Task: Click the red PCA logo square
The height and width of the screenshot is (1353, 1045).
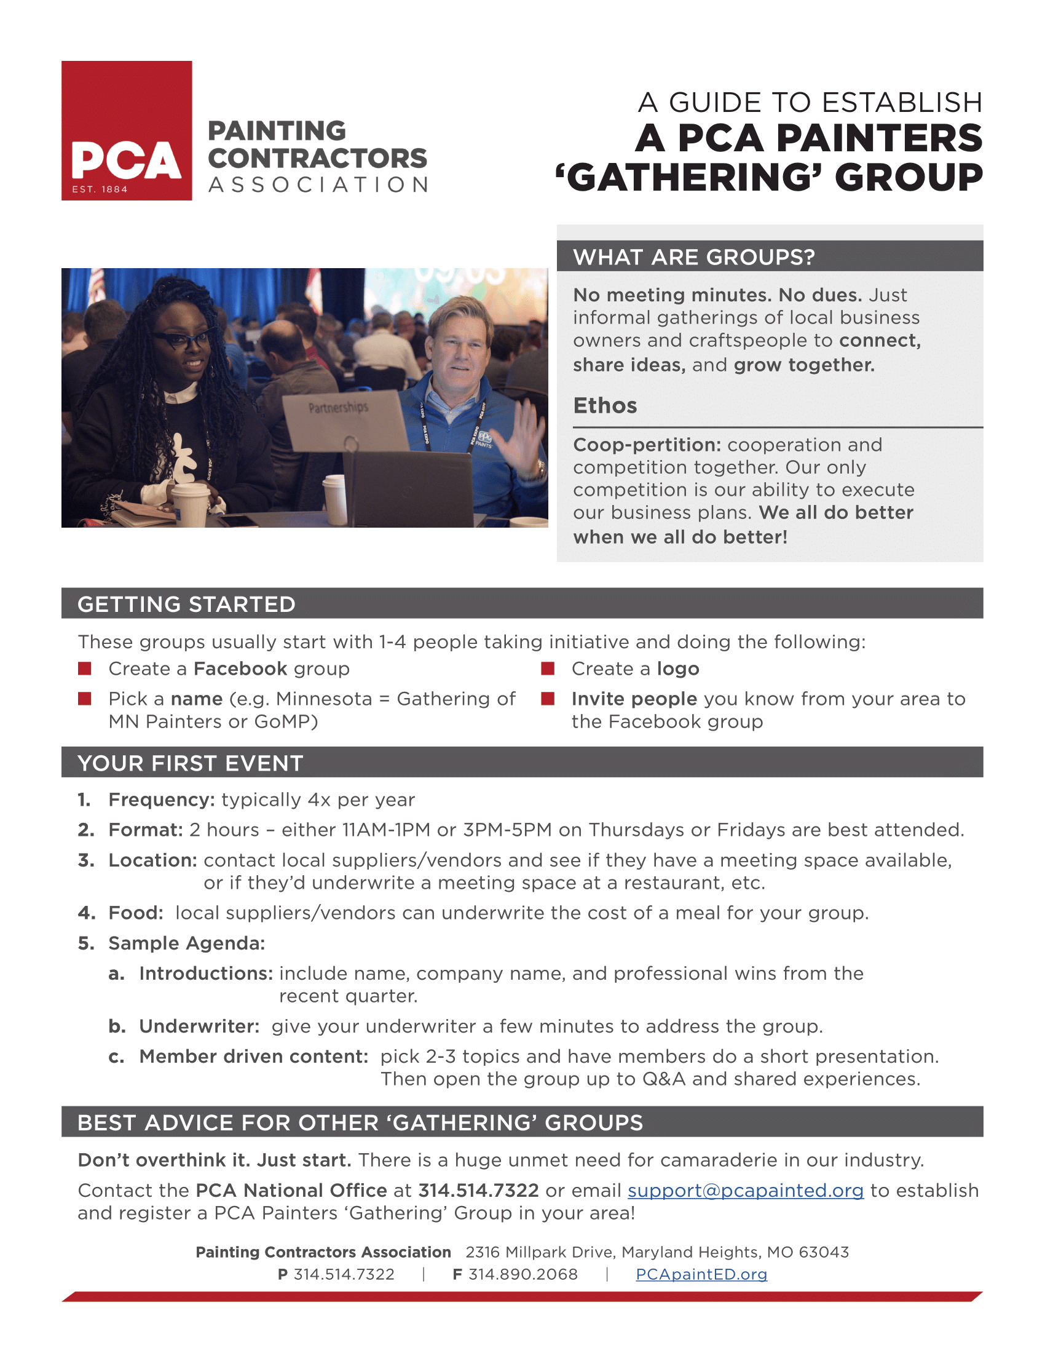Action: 126,130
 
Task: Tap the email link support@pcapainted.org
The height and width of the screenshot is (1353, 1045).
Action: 745,1190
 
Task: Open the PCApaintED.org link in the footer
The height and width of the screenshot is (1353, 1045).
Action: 701,1274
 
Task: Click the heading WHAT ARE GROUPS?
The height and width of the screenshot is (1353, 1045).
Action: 693,256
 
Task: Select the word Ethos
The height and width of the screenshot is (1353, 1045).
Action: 605,405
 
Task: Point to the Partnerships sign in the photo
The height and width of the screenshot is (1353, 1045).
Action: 339,408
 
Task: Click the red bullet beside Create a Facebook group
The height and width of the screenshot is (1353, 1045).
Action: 85,669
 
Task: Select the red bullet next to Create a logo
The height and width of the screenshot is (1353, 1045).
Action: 547,669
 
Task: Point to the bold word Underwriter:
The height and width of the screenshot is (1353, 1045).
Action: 199,1026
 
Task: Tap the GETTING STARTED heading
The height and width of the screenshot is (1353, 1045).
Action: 186,604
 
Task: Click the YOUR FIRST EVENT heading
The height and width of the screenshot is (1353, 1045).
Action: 190,763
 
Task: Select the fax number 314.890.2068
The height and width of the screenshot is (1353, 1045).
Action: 522,1274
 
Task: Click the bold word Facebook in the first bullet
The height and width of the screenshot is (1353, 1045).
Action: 240,669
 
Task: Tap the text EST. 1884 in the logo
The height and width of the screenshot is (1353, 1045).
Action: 100,189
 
